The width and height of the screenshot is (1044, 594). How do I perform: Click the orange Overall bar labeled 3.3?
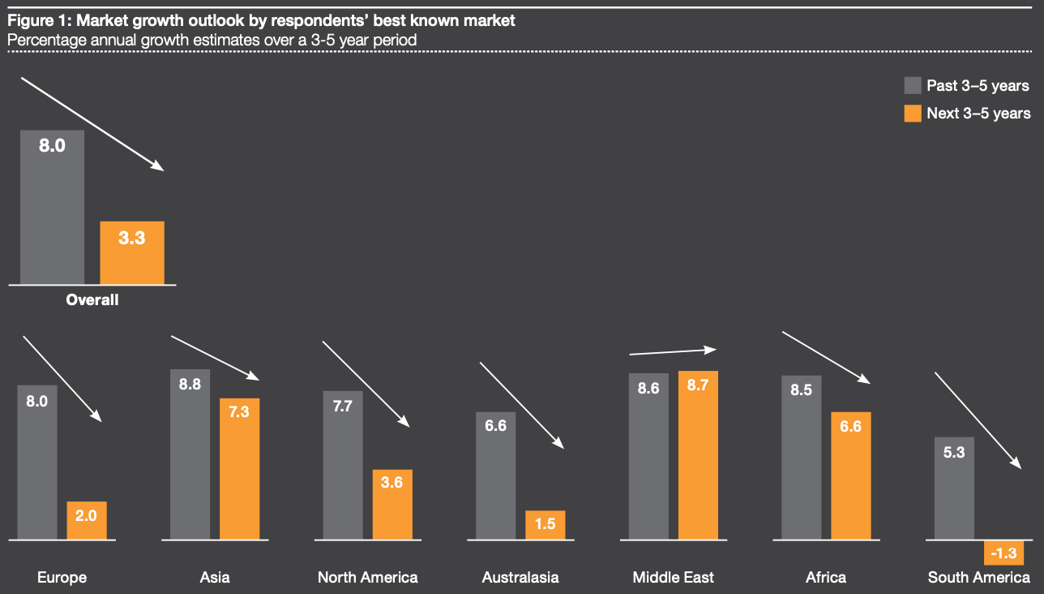(x=132, y=252)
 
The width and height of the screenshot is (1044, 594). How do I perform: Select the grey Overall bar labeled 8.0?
(x=53, y=207)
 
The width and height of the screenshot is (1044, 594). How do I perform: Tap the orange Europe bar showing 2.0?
(x=87, y=520)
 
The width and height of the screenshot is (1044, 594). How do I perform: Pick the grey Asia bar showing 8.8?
(x=190, y=454)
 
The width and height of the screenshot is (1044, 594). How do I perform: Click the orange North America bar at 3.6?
(x=392, y=504)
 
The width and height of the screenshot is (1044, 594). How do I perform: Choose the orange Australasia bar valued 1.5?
(x=546, y=525)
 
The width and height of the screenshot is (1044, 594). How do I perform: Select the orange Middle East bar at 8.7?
(x=698, y=455)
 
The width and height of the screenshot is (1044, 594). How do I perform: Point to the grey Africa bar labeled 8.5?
(x=802, y=458)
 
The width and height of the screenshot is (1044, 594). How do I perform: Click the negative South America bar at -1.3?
(x=1004, y=553)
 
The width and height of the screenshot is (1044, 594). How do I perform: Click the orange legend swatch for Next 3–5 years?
(x=913, y=113)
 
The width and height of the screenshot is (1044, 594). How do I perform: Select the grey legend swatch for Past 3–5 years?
(x=913, y=86)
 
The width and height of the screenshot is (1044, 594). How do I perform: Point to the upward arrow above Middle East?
(x=673, y=352)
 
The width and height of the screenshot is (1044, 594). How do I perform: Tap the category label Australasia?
(x=520, y=578)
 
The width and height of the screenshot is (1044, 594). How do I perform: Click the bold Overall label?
(x=92, y=300)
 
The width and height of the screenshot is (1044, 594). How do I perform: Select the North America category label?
(x=368, y=578)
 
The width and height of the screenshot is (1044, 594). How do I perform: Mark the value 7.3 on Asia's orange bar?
(x=239, y=411)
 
